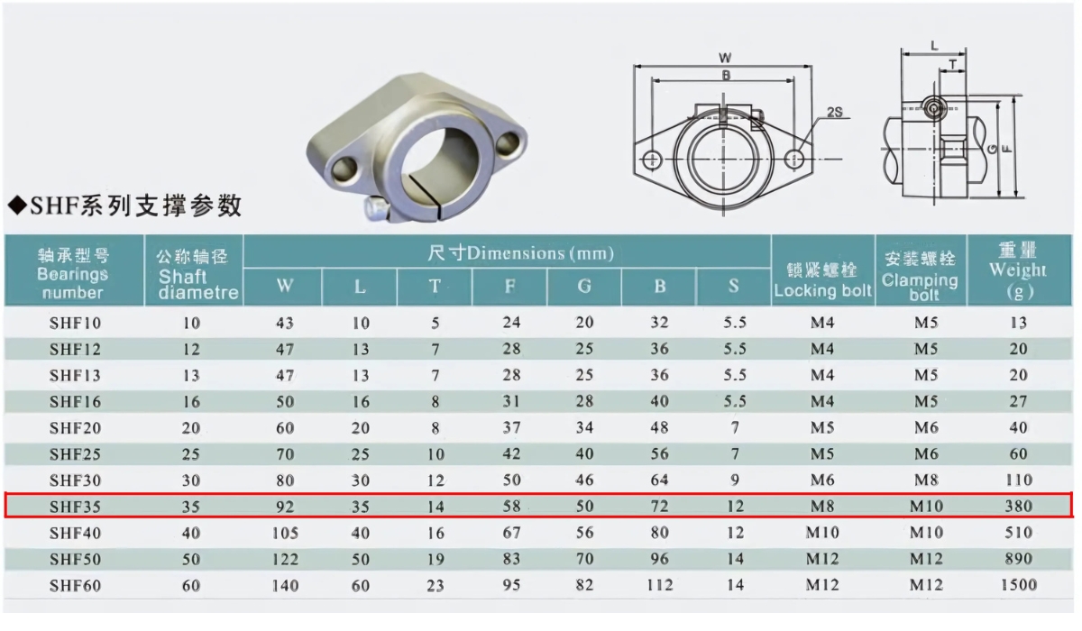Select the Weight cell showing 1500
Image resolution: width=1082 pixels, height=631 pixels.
point(1018,585)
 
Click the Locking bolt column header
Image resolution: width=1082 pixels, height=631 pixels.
point(822,280)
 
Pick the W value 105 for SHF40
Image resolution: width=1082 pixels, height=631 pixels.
point(285,533)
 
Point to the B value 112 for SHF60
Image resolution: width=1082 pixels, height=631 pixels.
point(659,585)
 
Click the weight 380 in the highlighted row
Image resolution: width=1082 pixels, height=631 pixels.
point(1018,507)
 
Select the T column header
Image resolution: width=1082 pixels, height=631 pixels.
point(435,287)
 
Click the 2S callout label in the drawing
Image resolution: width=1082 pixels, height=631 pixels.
point(834,113)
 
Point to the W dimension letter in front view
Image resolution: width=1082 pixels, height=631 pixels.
point(725,58)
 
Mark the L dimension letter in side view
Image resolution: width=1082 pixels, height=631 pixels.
point(934,44)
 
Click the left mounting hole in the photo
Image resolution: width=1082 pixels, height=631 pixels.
point(343,168)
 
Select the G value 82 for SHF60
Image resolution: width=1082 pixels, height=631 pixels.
point(584,585)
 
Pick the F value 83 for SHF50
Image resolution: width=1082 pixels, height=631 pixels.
point(509,559)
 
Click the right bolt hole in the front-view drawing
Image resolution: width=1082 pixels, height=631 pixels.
point(794,159)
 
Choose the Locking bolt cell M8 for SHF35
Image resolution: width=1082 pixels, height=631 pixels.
point(822,507)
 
